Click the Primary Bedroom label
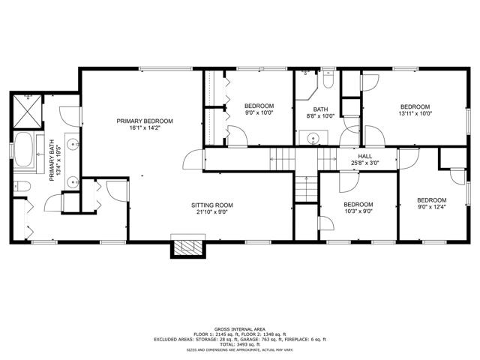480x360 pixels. coord(145,121)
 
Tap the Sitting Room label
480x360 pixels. coord(212,205)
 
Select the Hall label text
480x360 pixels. coord(365,157)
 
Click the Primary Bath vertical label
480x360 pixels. coord(52,160)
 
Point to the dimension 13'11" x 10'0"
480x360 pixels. coord(415,113)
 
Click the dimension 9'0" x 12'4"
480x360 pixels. coord(432,207)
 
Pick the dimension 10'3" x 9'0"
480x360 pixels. coord(358,211)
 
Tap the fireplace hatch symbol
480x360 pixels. coord(188,247)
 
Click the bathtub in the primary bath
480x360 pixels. coord(23,149)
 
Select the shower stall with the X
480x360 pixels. coord(27,111)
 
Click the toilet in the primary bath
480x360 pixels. coord(22,186)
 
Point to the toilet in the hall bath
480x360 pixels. coord(328,79)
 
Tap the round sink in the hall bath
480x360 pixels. coord(313,138)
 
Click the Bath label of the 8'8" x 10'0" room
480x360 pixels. coord(320,109)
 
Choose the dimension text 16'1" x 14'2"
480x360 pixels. coord(145,128)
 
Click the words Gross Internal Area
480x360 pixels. coord(240,329)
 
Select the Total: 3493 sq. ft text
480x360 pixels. coord(240,344)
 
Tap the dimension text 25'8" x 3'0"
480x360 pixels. coord(365,163)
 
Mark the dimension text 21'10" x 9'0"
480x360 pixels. coord(212,212)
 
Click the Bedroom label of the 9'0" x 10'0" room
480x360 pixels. coord(259,106)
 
